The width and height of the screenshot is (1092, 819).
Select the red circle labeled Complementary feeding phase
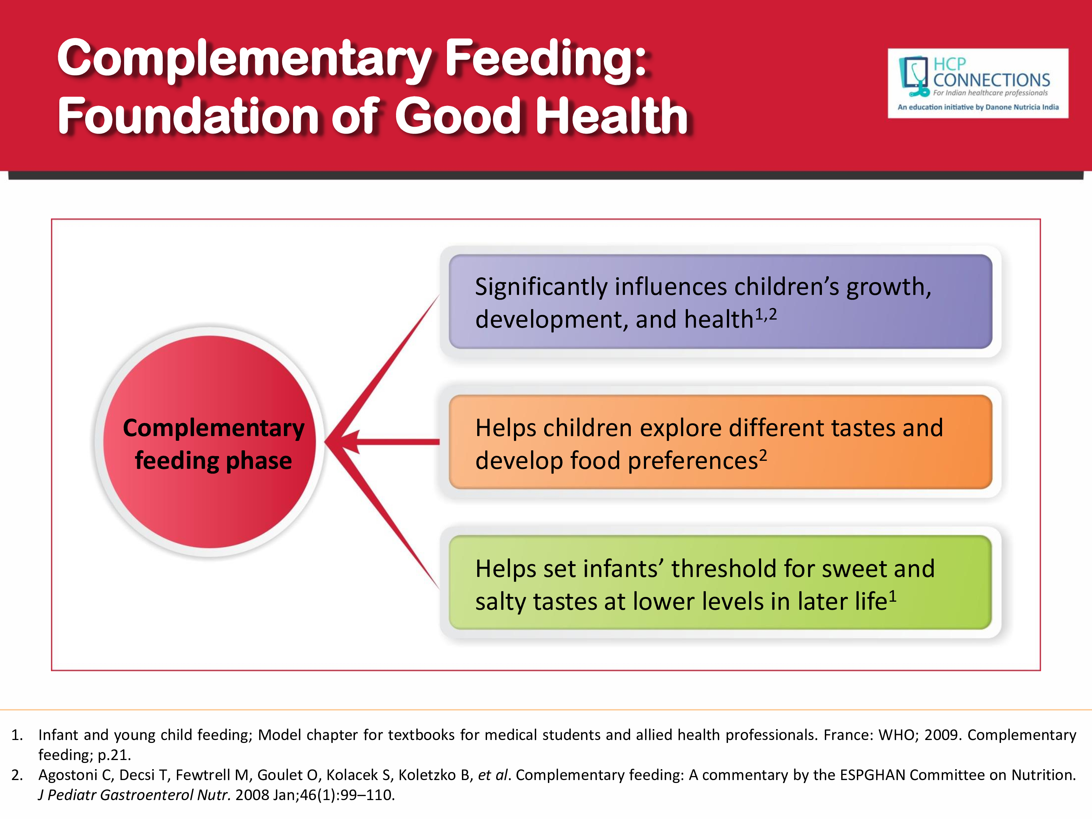pos(209,442)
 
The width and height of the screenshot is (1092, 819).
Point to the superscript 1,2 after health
pos(766,314)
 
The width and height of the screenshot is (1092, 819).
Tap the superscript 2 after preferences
pos(763,455)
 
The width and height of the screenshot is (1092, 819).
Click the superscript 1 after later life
pos(893,596)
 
